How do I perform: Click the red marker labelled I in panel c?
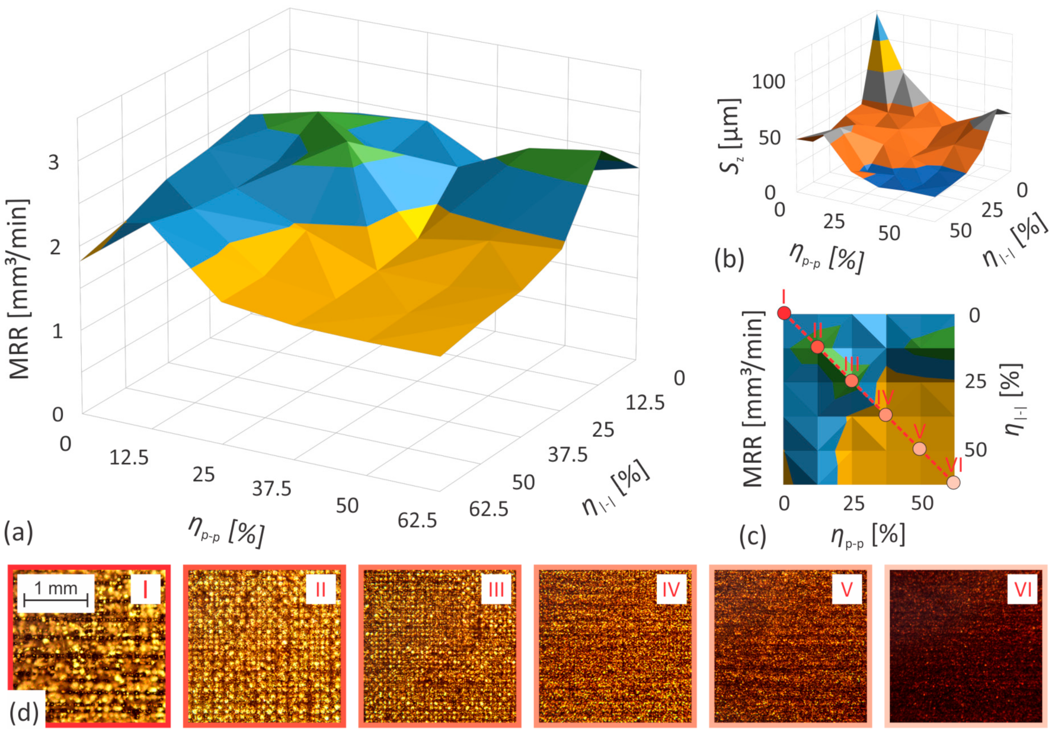(784, 312)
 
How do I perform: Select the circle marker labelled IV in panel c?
(885, 414)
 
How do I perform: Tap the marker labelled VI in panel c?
(953, 482)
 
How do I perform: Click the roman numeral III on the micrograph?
(495, 589)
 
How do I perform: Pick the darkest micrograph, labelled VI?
(966, 645)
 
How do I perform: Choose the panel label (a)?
(18, 532)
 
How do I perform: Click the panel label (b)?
(729, 259)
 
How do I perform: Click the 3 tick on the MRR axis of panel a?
(54, 162)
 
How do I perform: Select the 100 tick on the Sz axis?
(768, 81)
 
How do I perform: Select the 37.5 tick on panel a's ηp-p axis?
(271, 489)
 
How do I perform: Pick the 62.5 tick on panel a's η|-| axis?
(488, 509)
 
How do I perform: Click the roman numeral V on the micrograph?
(846, 589)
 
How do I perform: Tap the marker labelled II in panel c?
(817, 347)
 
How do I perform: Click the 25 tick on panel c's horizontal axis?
(853, 503)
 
